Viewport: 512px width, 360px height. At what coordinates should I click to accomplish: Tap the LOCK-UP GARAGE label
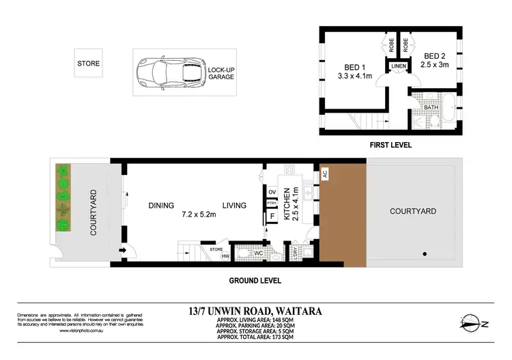click(221, 73)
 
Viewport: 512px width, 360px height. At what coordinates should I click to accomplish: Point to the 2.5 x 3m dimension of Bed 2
click(436, 66)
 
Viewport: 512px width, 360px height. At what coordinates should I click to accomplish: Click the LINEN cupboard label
click(398, 66)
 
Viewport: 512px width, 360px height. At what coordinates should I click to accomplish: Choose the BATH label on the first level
click(431, 107)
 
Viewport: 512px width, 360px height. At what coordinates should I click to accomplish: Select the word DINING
click(161, 205)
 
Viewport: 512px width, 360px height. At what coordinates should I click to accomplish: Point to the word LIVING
click(233, 205)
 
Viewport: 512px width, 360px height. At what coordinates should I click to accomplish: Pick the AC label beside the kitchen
click(325, 174)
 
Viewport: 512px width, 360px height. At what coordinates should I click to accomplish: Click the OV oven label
click(271, 192)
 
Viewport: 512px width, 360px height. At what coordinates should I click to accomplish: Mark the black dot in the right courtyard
click(425, 254)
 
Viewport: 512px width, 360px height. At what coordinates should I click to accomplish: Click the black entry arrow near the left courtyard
click(123, 251)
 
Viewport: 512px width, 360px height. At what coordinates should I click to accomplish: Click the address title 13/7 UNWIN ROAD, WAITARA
click(256, 311)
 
